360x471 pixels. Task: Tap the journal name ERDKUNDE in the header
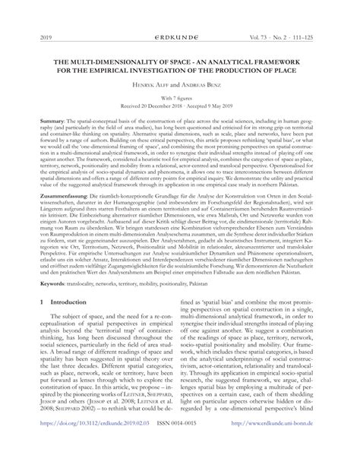tap(179, 36)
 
